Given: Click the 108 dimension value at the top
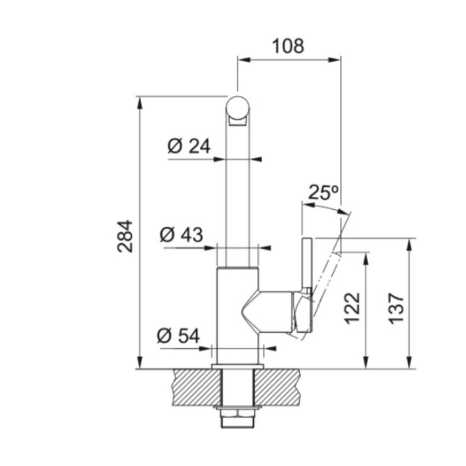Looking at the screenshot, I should (x=288, y=45).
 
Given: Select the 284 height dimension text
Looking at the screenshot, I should (x=126, y=236).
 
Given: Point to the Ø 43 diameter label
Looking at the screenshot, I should (x=181, y=235).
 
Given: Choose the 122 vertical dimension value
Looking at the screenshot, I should (x=352, y=308).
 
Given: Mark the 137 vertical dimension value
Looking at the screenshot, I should (x=396, y=308).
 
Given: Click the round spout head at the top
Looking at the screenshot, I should (x=239, y=109).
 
